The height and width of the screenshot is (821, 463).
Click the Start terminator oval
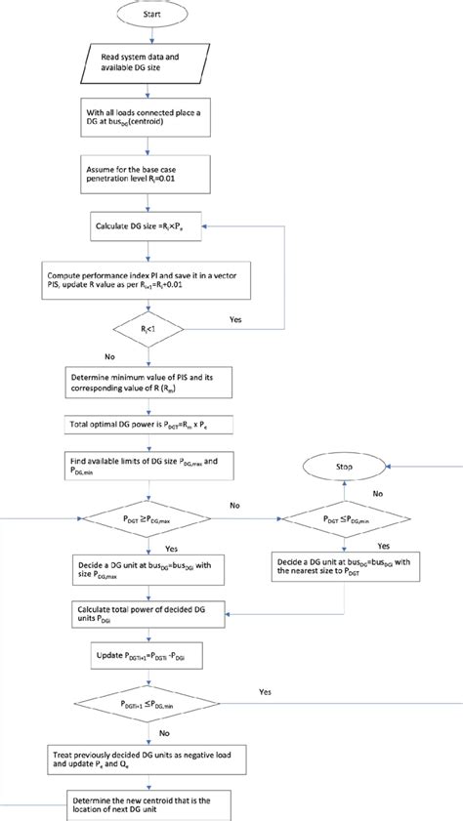click(x=150, y=17)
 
